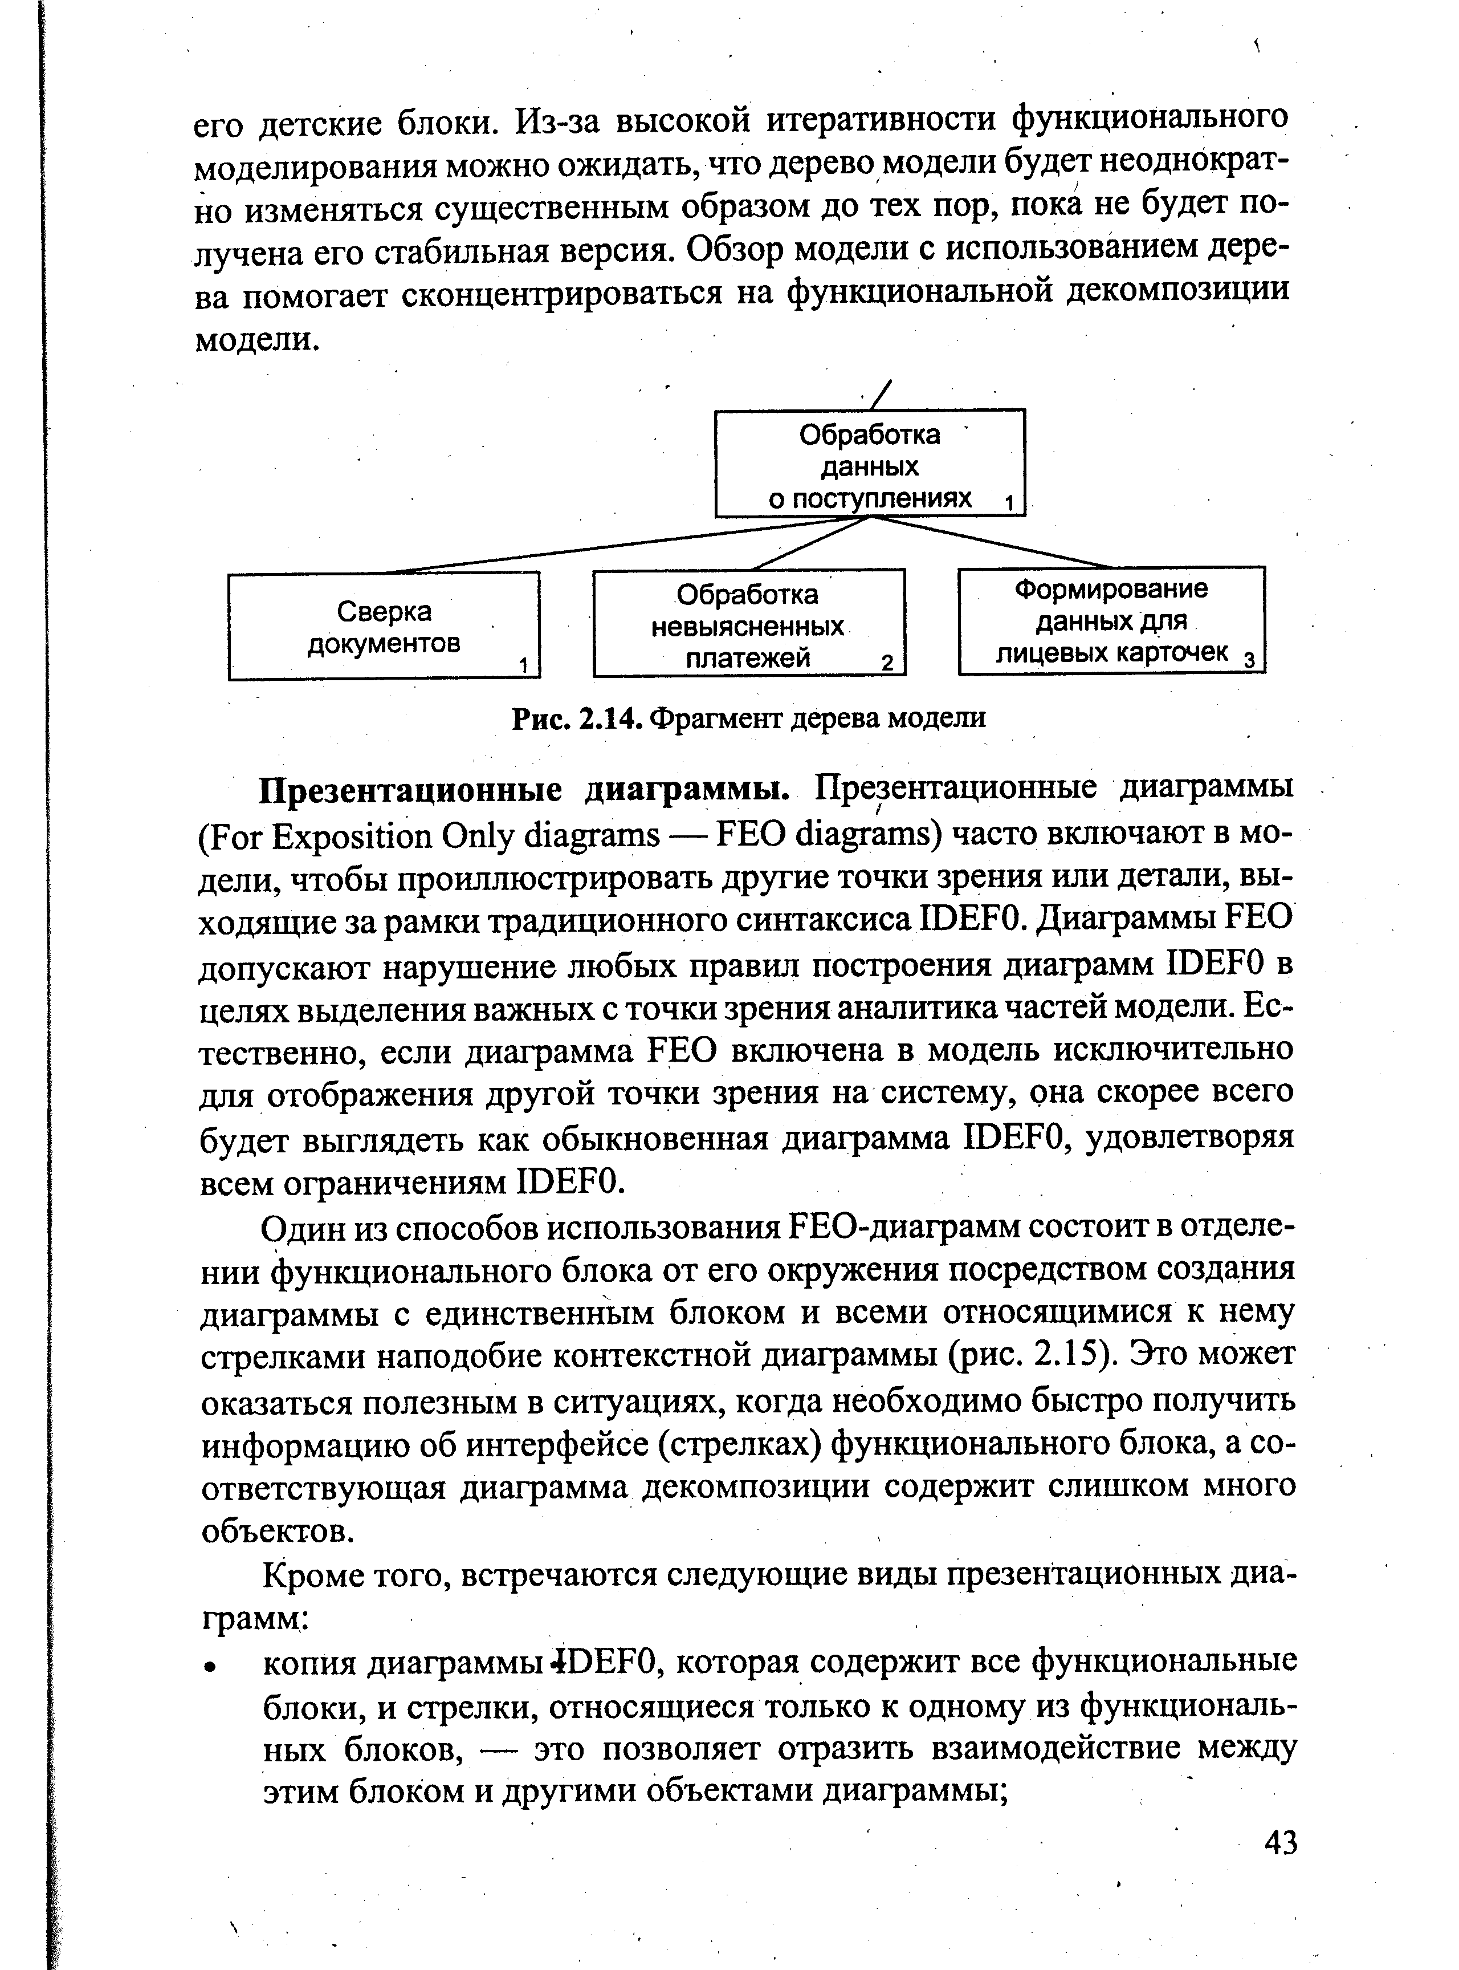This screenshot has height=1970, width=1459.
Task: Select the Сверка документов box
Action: pos(384,625)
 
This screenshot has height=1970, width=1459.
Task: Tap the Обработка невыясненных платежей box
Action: pos(748,624)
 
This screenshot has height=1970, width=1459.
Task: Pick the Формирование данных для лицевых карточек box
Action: pos(1111,620)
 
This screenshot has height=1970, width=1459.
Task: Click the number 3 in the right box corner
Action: pos(1248,659)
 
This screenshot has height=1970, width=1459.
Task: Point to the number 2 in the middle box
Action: pos(887,661)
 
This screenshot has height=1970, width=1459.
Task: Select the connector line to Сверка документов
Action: pos(618,545)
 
